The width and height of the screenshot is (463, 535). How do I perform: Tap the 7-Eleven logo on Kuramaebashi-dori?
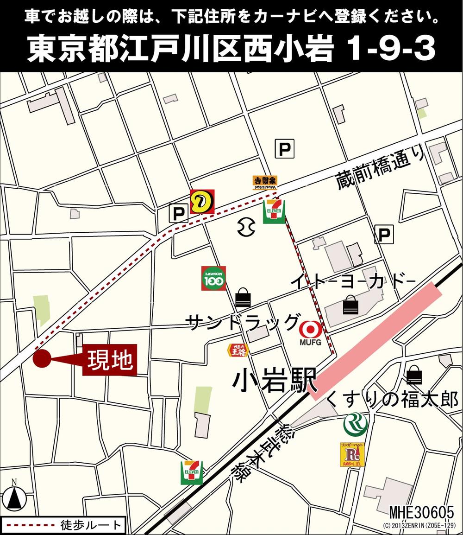pos(274,212)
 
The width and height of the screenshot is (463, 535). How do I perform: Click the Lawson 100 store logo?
pos(213,278)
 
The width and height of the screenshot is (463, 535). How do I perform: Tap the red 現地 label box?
pos(110,360)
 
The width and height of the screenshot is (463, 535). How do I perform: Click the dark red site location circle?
pos(42,359)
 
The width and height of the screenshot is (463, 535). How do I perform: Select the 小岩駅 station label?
pos(274,381)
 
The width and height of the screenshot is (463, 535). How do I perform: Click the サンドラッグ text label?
pos(241,321)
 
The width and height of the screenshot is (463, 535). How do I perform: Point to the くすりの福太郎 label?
pos(392,399)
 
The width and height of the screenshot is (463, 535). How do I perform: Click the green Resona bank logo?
pos(355,424)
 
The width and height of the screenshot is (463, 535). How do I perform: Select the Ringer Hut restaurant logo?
pos(352,454)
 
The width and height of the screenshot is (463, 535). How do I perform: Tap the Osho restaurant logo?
pos(238,350)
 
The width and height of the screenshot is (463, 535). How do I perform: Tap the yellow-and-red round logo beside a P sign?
pos(202,201)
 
